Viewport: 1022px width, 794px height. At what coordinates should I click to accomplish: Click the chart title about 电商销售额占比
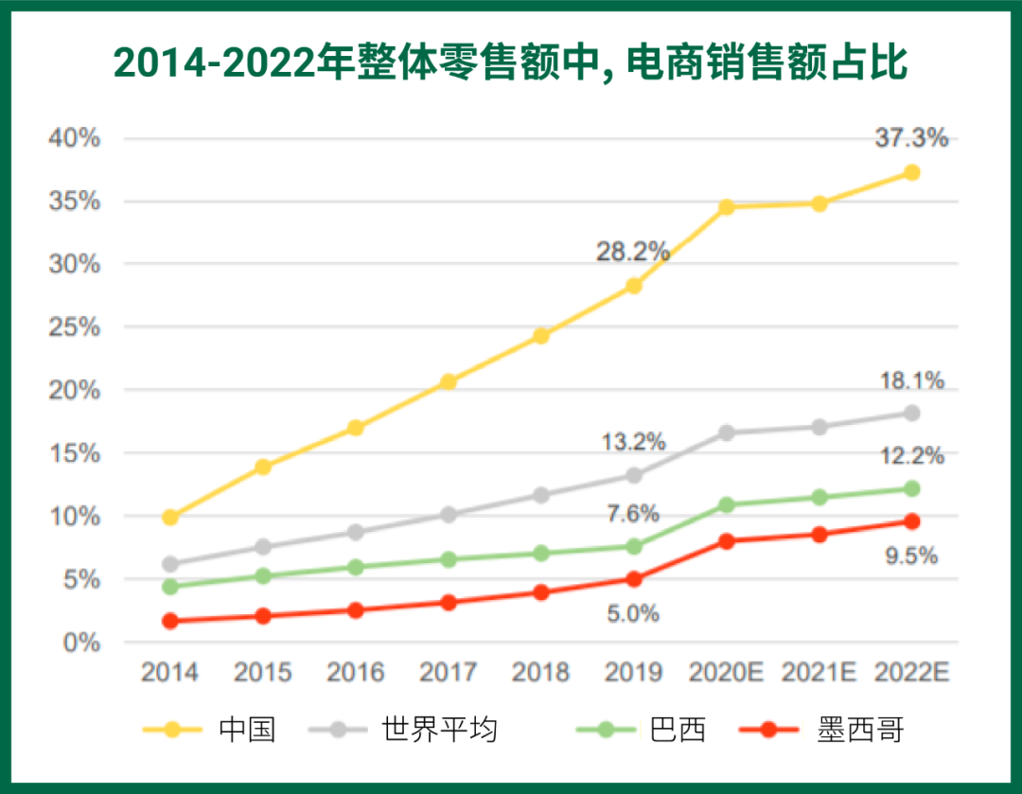click(x=511, y=63)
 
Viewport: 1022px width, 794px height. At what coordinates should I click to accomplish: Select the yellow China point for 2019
click(x=634, y=286)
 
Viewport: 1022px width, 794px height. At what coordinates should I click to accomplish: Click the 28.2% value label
click(x=632, y=252)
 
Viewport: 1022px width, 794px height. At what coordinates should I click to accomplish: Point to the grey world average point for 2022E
click(x=912, y=413)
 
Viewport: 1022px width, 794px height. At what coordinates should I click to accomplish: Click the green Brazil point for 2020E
click(x=727, y=504)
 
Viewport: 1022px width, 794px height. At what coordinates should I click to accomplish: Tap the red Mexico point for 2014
click(x=170, y=621)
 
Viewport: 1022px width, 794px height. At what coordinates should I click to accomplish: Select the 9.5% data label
click(x=911, y=556)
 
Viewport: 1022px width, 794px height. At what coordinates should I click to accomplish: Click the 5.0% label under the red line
click(x=632, y=614)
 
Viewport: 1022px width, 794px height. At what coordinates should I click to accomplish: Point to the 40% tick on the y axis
click(x=74, y=138)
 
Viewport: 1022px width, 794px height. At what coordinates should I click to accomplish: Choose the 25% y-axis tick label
click(x=74, y=327)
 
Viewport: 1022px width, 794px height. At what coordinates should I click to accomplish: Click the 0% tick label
click(x=81, y=643)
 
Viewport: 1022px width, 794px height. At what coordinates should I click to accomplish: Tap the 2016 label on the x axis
click(x=356, y=673)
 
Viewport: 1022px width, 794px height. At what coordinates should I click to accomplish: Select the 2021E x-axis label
click(x=819, y=673)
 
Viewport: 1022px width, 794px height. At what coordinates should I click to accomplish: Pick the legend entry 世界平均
click(x=439, y=730)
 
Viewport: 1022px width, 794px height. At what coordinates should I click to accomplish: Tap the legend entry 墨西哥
click(x=861, y=730)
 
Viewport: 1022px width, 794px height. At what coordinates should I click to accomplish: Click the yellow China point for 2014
click(x=170, y=517)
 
